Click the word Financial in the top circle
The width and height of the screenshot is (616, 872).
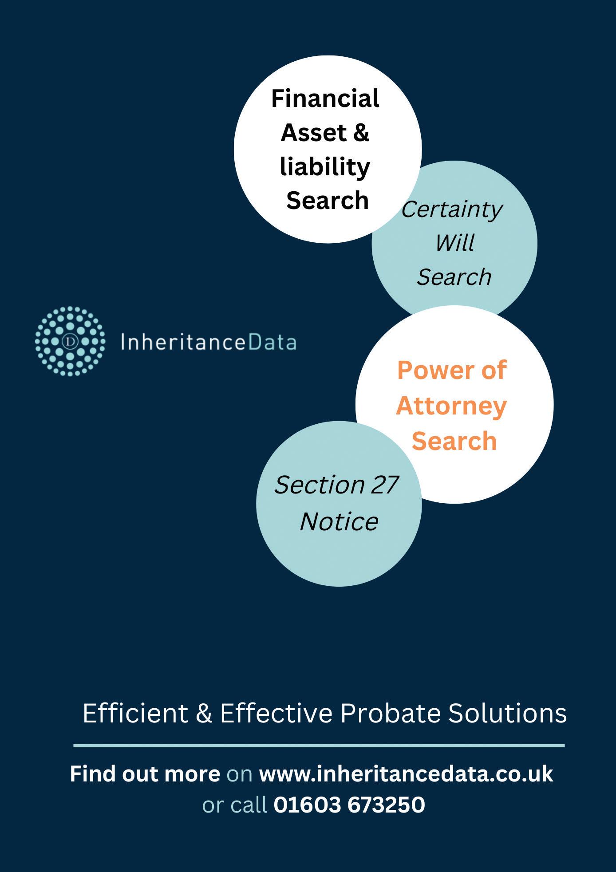click(325, 98)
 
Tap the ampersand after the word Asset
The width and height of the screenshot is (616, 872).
click(361, 133)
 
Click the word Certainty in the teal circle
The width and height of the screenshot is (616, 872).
click(452, 209)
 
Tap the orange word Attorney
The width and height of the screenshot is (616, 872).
click(451, 406)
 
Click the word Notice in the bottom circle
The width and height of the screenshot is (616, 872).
click(339, 521)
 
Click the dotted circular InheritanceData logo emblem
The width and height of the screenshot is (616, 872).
click(70, 341)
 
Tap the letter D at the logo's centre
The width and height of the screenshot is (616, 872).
click(70, 341)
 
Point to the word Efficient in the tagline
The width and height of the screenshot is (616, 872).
click(135, 713)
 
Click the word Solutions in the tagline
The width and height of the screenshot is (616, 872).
click(508, 713)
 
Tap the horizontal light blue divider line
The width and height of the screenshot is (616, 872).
click(319, 746)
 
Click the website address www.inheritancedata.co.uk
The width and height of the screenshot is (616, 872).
click(406, 774)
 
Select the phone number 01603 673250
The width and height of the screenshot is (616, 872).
click(349, 805)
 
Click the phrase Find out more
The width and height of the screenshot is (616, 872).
click(145, 774)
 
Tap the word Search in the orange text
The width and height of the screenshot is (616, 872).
click(454, 441)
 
